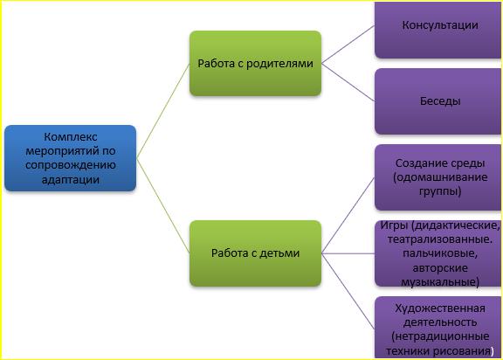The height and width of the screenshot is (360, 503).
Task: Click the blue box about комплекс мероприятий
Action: click(70, 158)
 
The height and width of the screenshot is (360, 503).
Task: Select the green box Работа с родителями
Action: click(255, 63)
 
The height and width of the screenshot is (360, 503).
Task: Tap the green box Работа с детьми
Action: click(255, 253)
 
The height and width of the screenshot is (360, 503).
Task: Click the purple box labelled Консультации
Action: click(438, 30)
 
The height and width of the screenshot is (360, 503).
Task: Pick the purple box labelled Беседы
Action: click(438, 101)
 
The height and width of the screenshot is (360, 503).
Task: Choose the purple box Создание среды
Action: click(438, 177)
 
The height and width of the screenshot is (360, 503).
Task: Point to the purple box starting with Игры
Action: click(438, 253)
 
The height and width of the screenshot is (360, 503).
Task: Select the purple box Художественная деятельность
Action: click(438, 328)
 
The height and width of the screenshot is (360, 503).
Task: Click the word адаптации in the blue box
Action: click(70, 179)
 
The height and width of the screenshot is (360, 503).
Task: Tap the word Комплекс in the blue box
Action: click(71, 137)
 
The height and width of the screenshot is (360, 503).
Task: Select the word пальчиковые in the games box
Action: click(440, 253)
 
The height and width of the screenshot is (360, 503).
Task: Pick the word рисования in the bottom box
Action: click(465, 351)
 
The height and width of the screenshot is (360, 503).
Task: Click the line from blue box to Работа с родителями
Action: click(163, 111)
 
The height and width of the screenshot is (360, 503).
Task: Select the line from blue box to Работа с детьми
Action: click(163, 205)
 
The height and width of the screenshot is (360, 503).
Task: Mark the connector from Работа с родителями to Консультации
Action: click(348, 45)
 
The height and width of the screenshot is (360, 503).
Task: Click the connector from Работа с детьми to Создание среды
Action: click(348, 215)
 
